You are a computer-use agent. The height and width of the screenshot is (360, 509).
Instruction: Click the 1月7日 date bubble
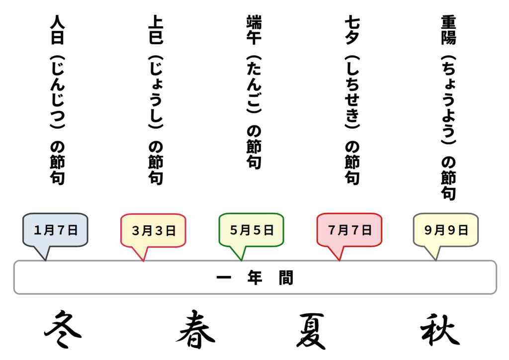[x=55, y=230]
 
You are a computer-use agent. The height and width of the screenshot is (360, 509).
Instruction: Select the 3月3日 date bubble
[x=153, y=231]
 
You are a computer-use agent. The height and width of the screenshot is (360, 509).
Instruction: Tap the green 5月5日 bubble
[x=251, y=230]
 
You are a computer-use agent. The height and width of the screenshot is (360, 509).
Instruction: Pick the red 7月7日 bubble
[x=349, y=230]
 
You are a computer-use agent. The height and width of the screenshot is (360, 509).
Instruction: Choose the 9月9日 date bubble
[x=446, y=230]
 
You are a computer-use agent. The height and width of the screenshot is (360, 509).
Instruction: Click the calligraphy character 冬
[x=63, y=329]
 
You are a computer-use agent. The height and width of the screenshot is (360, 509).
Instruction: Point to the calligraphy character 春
[x=195, y=329]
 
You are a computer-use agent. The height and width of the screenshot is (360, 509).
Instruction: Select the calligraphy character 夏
[x=311, y=331]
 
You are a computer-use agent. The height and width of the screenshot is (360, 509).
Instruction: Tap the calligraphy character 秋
[x=440, y=329]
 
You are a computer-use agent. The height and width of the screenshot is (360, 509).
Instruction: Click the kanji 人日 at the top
[x=58, y=29]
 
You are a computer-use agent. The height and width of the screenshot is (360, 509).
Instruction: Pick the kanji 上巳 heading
[x=156, y=29]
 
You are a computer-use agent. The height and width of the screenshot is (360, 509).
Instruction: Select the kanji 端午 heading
[x=254, y=29]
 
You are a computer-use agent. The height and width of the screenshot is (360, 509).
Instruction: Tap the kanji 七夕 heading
[x=352, y=29]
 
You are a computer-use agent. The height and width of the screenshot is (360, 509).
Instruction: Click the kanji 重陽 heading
[x=449, y=29]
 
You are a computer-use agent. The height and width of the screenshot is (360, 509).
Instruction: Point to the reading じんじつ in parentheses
[x=58, y=92]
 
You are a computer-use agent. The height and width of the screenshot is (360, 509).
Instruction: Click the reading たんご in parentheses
[x=254, y=85]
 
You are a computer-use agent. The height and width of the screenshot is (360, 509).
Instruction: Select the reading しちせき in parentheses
[x=352, y=92]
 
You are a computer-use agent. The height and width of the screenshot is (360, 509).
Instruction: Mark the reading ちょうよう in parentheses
[x=449, y=100]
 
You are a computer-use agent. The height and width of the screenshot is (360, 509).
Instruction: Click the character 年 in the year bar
[x=255, y=277]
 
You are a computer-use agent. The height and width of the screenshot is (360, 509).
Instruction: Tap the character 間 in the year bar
[x=286, y=277]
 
